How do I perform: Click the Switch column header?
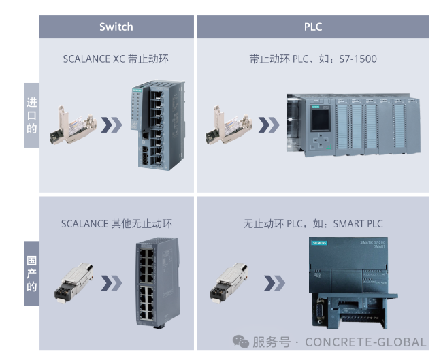pyautogui.click(x=116, y=27)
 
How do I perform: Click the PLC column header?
pyautogui.click(x=313, y=27)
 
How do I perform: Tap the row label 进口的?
pyautogui.click(x=31, y=115)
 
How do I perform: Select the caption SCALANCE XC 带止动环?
pyautogui.click(x=116, y=59)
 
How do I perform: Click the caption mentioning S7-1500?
pyautogui.click(x=313, y=59)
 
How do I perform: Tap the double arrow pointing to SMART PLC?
pyautogui.click(x=274, y=282)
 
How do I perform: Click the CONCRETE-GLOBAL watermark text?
pyautogui.click(x=365, y=342)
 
